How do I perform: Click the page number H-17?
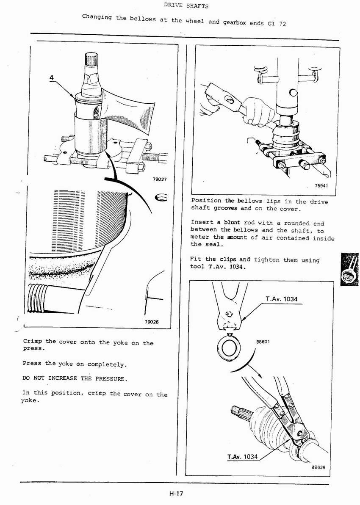click(x=175, y=493)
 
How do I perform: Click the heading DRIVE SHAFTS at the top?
click(x=186, y=6)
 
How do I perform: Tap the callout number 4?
click(x=52, y=77)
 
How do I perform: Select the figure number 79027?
click(x=160, y=179)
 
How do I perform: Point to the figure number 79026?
click(x=151, y=322)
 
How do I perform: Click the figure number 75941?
click(x=321, y=186)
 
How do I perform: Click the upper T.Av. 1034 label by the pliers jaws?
click(x=281, y=299)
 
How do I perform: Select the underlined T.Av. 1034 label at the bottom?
click(x=242, y=457)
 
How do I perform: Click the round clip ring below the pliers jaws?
click(x=229, y=348)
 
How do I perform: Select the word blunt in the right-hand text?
click(x=232, y=222)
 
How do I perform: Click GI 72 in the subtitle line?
click(x=277, y=24)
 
